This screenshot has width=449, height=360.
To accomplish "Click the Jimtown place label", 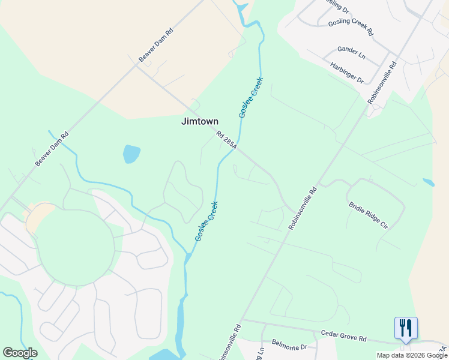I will (200, 121).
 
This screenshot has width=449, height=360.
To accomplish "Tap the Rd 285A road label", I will (228, 141).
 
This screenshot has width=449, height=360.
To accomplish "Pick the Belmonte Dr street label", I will (289, 347).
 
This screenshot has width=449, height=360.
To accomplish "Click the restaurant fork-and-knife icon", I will (406, 328).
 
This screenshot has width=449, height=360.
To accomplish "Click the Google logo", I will (20, 353).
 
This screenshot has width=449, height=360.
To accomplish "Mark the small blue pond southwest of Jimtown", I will (131, 154).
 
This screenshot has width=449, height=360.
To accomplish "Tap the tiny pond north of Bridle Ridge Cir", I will (428, 182).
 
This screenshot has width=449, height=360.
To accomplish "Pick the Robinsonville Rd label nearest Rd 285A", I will (303, 208).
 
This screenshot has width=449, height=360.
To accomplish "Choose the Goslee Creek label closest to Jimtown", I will (251, 97).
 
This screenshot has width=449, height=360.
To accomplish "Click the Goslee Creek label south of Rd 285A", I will (206, 221).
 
